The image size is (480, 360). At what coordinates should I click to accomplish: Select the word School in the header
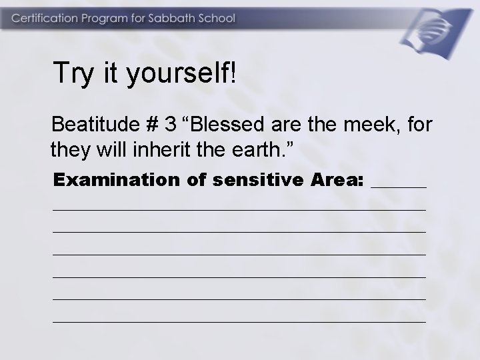[217, 19]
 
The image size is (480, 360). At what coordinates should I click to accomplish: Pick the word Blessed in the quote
[229, 124]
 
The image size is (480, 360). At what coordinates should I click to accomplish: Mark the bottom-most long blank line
[239, 322]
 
